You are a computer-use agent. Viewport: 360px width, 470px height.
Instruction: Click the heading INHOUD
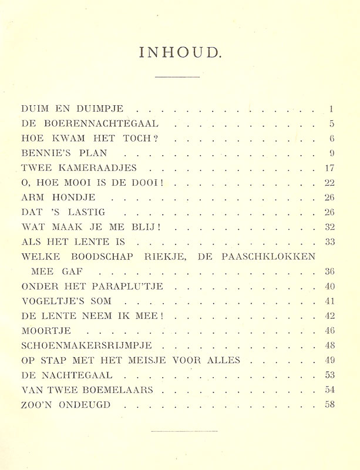180,53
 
